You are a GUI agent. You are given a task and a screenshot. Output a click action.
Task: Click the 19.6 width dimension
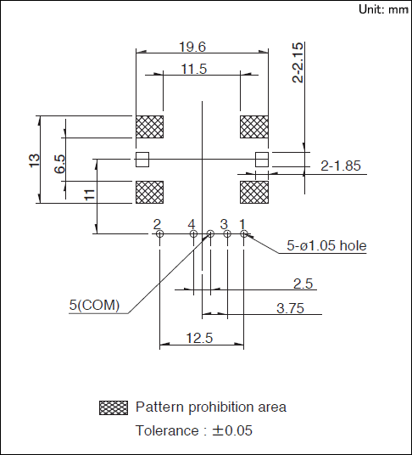click(192, 47)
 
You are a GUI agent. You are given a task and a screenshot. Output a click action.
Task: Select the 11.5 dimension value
click(194, 70)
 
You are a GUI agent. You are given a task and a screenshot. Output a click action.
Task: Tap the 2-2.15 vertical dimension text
click(298, 63)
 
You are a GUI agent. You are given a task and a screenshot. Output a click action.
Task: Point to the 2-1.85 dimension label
click(341, 166)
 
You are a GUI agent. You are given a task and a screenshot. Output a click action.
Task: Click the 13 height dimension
click(34, 160)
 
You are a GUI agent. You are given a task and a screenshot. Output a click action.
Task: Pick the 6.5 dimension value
click(59, 164)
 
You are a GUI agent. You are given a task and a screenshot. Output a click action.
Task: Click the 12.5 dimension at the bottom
click(199, 338)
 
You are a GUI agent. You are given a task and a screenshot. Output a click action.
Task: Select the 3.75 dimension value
click(290, 308)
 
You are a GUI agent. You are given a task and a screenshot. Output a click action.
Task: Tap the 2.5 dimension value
click(303, 284)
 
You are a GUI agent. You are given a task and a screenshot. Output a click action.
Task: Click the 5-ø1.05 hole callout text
click(326, 246)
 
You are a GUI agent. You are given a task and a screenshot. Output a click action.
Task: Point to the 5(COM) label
click(94, 305)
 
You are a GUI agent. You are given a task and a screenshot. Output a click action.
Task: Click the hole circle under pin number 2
click(159, 233)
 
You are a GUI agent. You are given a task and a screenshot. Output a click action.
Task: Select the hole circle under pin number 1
click(244, 233)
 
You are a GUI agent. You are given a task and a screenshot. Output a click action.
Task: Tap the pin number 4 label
click(192, 225)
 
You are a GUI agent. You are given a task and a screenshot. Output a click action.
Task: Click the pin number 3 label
click(224, 225)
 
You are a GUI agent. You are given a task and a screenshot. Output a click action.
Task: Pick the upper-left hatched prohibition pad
click(150, 126)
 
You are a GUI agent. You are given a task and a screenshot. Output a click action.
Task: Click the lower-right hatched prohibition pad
click(254, 192)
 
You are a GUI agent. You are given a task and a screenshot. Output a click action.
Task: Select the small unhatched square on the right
click(262, 160)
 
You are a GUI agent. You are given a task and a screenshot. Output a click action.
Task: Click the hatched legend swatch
click(114, 407)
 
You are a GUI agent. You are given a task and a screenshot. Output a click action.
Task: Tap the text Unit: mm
click(384, 9)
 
